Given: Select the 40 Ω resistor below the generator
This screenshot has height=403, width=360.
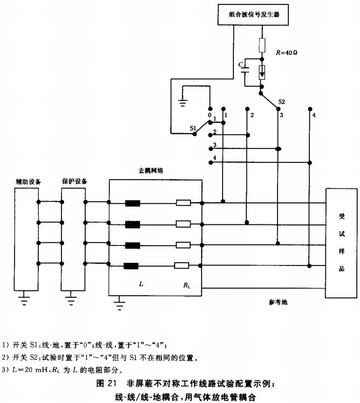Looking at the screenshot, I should pos(262,45).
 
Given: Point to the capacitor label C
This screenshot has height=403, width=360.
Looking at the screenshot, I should pos(240,64).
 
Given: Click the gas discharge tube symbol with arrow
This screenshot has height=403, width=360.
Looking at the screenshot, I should pos(262,72).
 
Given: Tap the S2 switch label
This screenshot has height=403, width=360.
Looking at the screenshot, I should pos(281,102).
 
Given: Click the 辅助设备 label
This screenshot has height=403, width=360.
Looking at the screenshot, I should pos(29,181).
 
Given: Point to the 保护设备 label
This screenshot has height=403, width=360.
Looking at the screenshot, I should pos(75,181).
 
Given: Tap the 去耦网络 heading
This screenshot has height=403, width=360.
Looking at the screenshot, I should pos(151,170).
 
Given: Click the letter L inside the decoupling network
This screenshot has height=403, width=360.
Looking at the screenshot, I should pos(141,283).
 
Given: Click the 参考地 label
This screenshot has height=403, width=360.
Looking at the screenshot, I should pos(278,302).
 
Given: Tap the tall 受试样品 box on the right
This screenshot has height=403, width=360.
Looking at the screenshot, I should pos(341,243).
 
